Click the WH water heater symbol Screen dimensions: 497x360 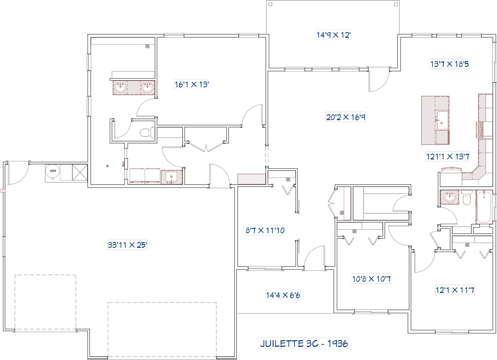(x=53, y=172)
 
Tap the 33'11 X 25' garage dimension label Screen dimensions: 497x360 (x=128, y=245)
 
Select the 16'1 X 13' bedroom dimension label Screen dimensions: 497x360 (x=192, y=84)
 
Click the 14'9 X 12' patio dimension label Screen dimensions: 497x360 (x=333, y=35)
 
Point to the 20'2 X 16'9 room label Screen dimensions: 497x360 (x=346, y=117)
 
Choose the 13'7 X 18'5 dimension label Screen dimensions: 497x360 (x=449, y=64)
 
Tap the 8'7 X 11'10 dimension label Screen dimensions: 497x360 (x=265, y=230)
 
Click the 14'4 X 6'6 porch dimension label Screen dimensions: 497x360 (x=283, y=295)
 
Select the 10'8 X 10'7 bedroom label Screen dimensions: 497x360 (x=372, y=279)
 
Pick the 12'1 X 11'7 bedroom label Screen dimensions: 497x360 (x=455, y=290)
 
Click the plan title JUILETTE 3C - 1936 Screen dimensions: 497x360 (x=304, y=343)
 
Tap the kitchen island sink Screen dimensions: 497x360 (x=442, y=120)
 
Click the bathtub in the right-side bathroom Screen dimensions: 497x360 (x=484, y=206)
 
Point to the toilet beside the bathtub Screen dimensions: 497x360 (x=467, y=197)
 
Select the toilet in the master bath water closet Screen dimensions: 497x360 (x=147, y=132)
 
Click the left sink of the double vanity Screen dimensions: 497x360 (x=120, y=88)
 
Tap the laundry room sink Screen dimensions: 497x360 (x=171, y=178)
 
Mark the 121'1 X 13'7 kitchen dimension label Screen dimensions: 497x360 (x=448, y=156)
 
